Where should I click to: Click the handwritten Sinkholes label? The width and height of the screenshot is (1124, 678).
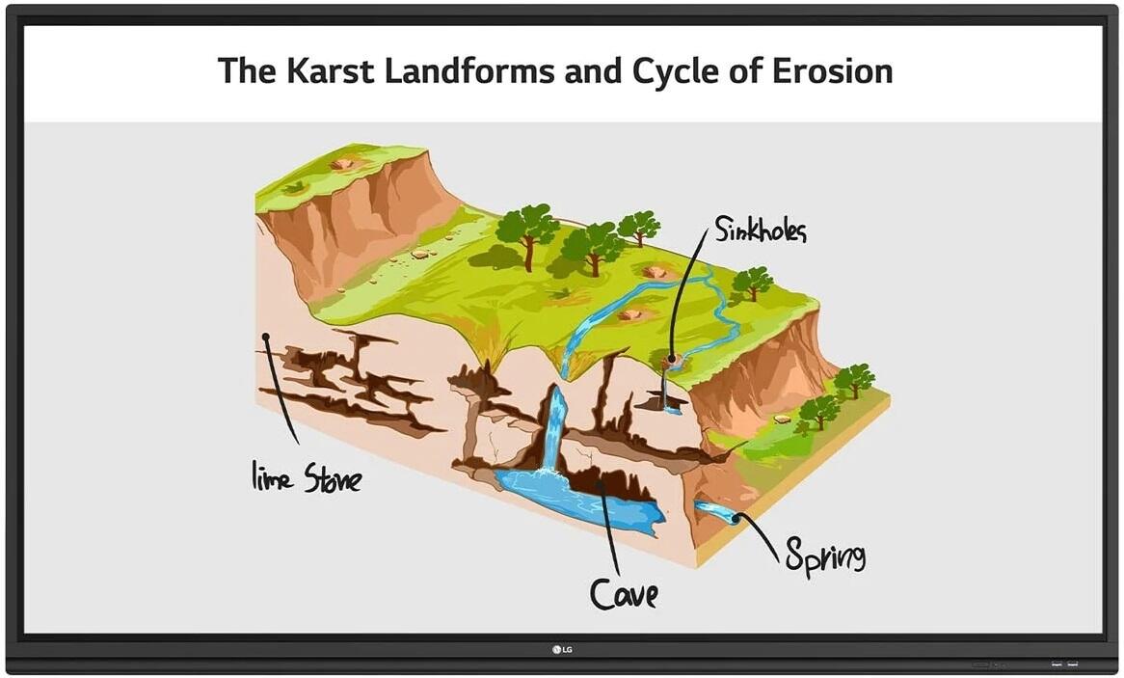tap(760, 230)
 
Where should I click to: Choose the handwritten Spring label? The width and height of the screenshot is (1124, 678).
tap(824, 556)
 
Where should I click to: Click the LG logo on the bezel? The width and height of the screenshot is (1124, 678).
tap(561, 647)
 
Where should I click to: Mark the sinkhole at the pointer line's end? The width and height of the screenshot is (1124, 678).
tap(672, 362)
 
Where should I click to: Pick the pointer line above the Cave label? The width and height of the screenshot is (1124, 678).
tap(609, 530)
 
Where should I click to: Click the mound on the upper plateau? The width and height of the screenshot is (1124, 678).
tap(342, 164)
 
